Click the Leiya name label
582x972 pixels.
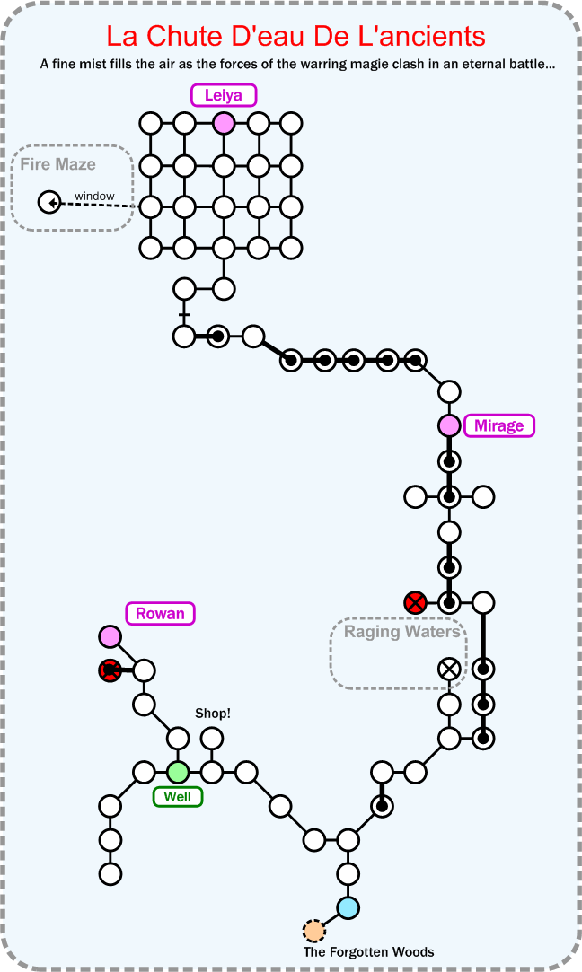[x=224, y=95]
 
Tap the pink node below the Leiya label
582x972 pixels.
[x=224, y=123]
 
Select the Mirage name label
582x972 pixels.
[x=498, y=425]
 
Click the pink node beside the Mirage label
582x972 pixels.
[x=449, y=425]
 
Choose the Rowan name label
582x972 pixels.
[x=160, y=614]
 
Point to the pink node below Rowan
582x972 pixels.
[x=110, y=636]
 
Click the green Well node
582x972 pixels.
[x=178, y=772]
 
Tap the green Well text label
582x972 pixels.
[x=178, y=797]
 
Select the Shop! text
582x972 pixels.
[x=213, y=714]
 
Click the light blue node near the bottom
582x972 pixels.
[x=348, y=907]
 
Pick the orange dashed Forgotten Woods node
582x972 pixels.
[x=313, y=931]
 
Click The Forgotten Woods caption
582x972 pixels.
[x=368, y=952]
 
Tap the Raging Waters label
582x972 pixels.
[x=402, y=632]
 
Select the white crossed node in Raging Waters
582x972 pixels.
[x=449, y=669]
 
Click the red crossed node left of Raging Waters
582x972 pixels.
[x=415, y=601]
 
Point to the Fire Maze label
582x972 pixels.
[x=58, y=164]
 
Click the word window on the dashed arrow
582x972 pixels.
[x=94, y=196]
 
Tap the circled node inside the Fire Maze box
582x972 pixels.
[x=48, y=203]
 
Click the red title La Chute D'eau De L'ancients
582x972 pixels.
[x=295, y=37]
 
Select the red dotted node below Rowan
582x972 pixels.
[x=110, y=670]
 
